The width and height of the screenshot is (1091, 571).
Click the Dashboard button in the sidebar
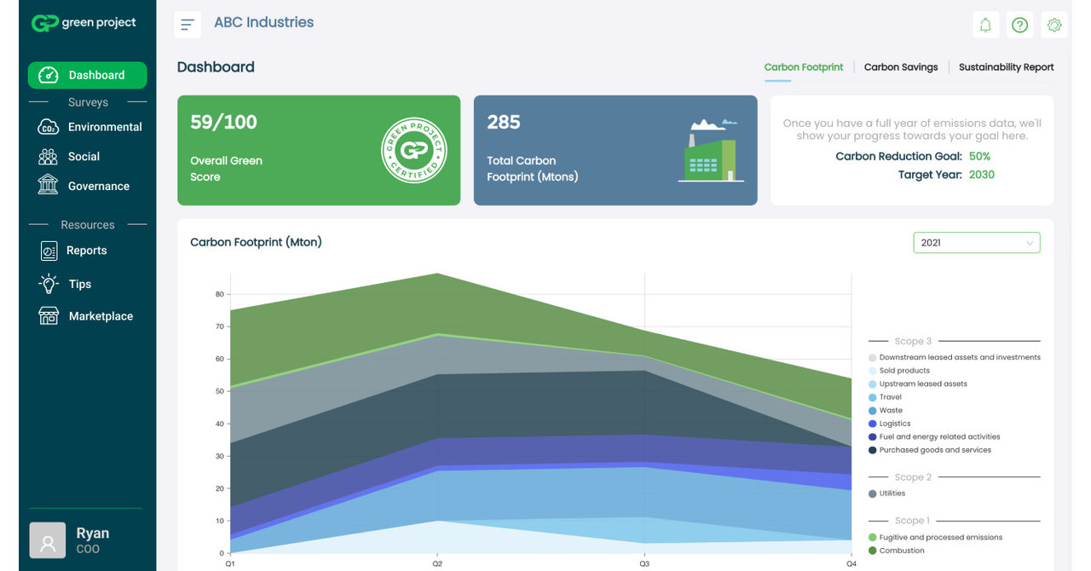(x=87, y=75)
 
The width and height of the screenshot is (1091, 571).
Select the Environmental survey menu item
(x=104, y=127)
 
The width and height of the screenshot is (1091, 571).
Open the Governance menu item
(x=98, y=186)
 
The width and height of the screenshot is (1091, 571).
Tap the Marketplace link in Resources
(x=100, y=316)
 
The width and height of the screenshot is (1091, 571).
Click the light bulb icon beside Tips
(x=49, y=284)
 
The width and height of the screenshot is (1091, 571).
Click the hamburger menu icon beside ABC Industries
(x=188, y=24)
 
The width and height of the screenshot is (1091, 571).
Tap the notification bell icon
(x=985, y=25)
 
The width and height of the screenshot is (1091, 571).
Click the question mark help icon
(x=1019, y=25)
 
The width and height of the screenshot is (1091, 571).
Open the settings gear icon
(x=1054, y=25)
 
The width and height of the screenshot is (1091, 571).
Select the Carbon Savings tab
(x=900, y=67)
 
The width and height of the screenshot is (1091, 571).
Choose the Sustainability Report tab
(x=1006, y=67)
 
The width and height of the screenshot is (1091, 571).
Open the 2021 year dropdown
(x=976, y=243)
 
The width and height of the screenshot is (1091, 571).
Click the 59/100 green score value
(x=223, y=123)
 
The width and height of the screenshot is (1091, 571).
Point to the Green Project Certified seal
(x=414, y=150)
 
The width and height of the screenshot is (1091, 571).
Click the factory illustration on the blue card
(x=711, y=151)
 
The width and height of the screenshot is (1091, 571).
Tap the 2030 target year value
(x=982, y=175)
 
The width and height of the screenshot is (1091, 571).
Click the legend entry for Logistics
(x=894, y=424)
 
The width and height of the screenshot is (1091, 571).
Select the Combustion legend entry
(x=901, y=551)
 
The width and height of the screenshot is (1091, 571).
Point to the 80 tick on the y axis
(x=219, y=295)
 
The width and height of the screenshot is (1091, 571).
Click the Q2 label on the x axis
(x=437, y=563)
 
